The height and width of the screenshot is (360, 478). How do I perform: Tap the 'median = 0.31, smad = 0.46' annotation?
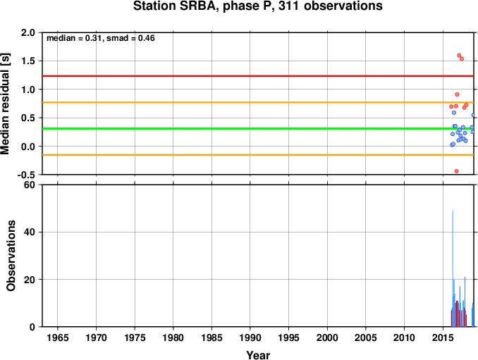101,38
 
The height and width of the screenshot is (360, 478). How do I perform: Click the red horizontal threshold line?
258,76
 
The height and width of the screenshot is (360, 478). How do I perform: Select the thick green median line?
258,128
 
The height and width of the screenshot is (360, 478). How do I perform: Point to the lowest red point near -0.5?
456,171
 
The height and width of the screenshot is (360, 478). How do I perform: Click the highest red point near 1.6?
459,56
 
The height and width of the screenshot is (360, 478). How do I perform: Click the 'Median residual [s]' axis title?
5,104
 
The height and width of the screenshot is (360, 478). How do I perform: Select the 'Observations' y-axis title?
11,256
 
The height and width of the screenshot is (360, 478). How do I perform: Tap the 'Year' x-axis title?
258,355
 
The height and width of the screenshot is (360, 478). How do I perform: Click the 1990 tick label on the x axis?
250,337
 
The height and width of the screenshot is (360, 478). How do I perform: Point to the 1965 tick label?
58,337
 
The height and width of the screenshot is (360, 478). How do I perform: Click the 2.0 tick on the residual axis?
28,32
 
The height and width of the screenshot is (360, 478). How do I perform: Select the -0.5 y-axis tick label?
26,175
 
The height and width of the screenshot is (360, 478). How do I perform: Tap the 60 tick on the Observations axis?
30,185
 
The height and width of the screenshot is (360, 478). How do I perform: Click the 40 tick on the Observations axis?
30,232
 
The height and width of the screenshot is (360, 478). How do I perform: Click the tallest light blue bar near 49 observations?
453,268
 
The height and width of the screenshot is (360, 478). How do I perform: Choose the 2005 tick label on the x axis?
365,337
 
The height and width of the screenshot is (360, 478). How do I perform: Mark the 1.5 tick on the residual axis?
28,61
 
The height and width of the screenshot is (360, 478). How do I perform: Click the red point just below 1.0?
457,94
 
